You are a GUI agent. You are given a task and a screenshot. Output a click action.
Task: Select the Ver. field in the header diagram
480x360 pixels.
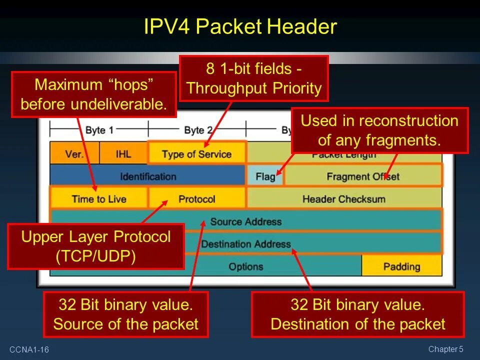pos(74,153)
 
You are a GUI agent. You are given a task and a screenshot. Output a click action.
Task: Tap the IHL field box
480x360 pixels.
pos(123,153)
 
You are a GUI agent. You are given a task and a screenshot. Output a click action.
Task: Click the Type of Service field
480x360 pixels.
pos(196,154)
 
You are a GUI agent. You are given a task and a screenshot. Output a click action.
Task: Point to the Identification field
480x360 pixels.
pos(148,176)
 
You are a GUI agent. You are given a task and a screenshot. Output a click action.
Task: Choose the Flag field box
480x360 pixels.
pos(265,176)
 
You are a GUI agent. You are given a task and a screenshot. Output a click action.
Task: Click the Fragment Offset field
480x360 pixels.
pos(363,176)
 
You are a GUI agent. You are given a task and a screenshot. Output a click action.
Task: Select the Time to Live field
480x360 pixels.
pos(99,198)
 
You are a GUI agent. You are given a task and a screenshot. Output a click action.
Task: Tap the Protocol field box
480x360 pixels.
pos(196,198)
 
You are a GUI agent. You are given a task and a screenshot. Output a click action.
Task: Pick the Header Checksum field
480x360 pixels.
pos(344,198)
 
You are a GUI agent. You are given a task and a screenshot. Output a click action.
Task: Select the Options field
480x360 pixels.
pos(245,266)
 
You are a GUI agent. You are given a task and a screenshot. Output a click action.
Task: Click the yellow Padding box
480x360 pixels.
pos(401,266)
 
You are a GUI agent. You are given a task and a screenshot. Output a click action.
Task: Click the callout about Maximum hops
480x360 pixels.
pos(93,94)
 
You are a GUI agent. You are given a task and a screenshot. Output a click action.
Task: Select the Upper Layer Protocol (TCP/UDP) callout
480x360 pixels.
pos(96,246)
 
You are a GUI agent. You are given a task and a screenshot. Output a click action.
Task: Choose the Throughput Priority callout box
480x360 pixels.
pos(253,78)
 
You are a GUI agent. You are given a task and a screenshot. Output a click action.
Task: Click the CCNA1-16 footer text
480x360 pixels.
pos(28,349)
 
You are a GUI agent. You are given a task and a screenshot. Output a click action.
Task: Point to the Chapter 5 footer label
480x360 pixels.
pos(446,349)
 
